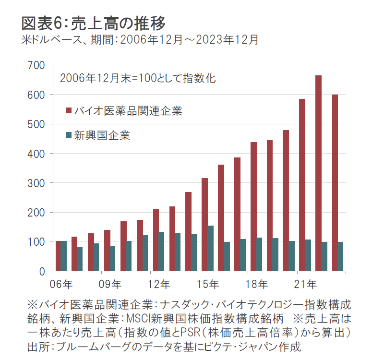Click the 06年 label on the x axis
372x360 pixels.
(61, 284)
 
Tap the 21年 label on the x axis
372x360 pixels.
(305, 284)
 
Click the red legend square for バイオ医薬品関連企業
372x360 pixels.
(68, 111)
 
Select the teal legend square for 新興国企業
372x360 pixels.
(68, 136)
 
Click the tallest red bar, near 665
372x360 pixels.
(318, 173)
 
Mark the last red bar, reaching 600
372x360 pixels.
(335, 182)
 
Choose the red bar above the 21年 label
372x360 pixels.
(302, 185)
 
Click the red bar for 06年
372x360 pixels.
(58, 256)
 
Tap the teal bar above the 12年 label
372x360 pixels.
(161, 252)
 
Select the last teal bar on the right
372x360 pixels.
(340, 256)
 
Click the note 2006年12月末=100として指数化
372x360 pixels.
(138, 78)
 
